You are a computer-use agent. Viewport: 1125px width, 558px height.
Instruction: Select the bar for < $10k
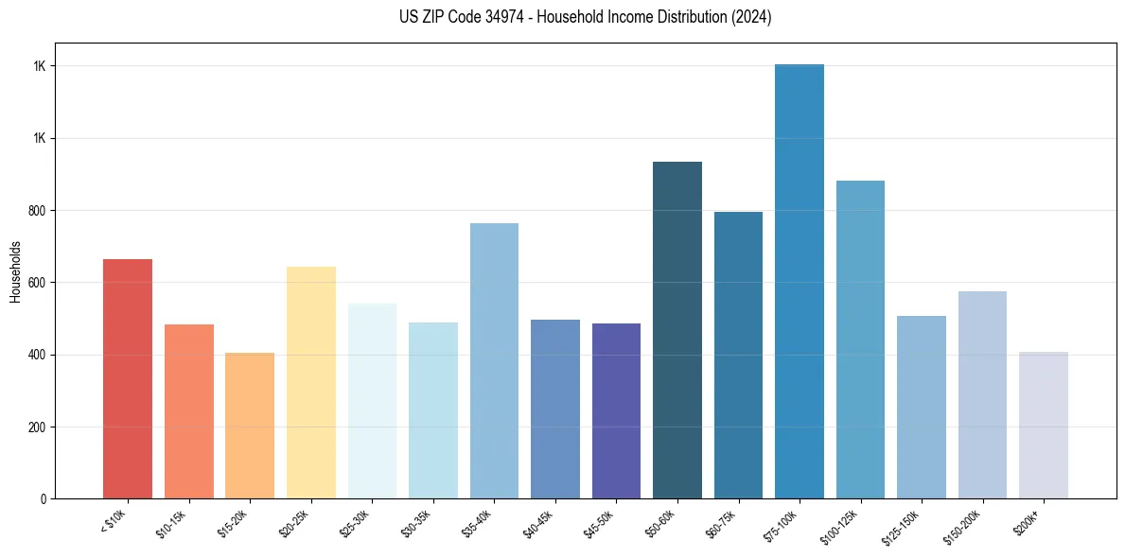click(x=128, y=378)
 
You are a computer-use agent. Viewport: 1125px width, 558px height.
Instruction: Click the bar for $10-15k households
click(x=189, y=411)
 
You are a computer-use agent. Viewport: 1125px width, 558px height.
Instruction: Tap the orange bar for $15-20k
click(x=250, y=426)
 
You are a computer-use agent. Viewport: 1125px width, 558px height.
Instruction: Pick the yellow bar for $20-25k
click(x=311, y=383)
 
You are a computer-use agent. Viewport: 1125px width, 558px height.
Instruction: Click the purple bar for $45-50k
click(x=616, y=411)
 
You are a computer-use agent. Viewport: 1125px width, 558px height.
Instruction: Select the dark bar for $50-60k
click(x=677, y=330)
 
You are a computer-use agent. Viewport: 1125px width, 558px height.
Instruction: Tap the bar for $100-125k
click(x=860, y=340)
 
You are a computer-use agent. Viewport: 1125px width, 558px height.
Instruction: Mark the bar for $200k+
click(x=1044, y=426)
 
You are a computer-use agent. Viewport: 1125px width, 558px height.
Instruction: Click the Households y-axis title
click(x=15, y=270)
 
